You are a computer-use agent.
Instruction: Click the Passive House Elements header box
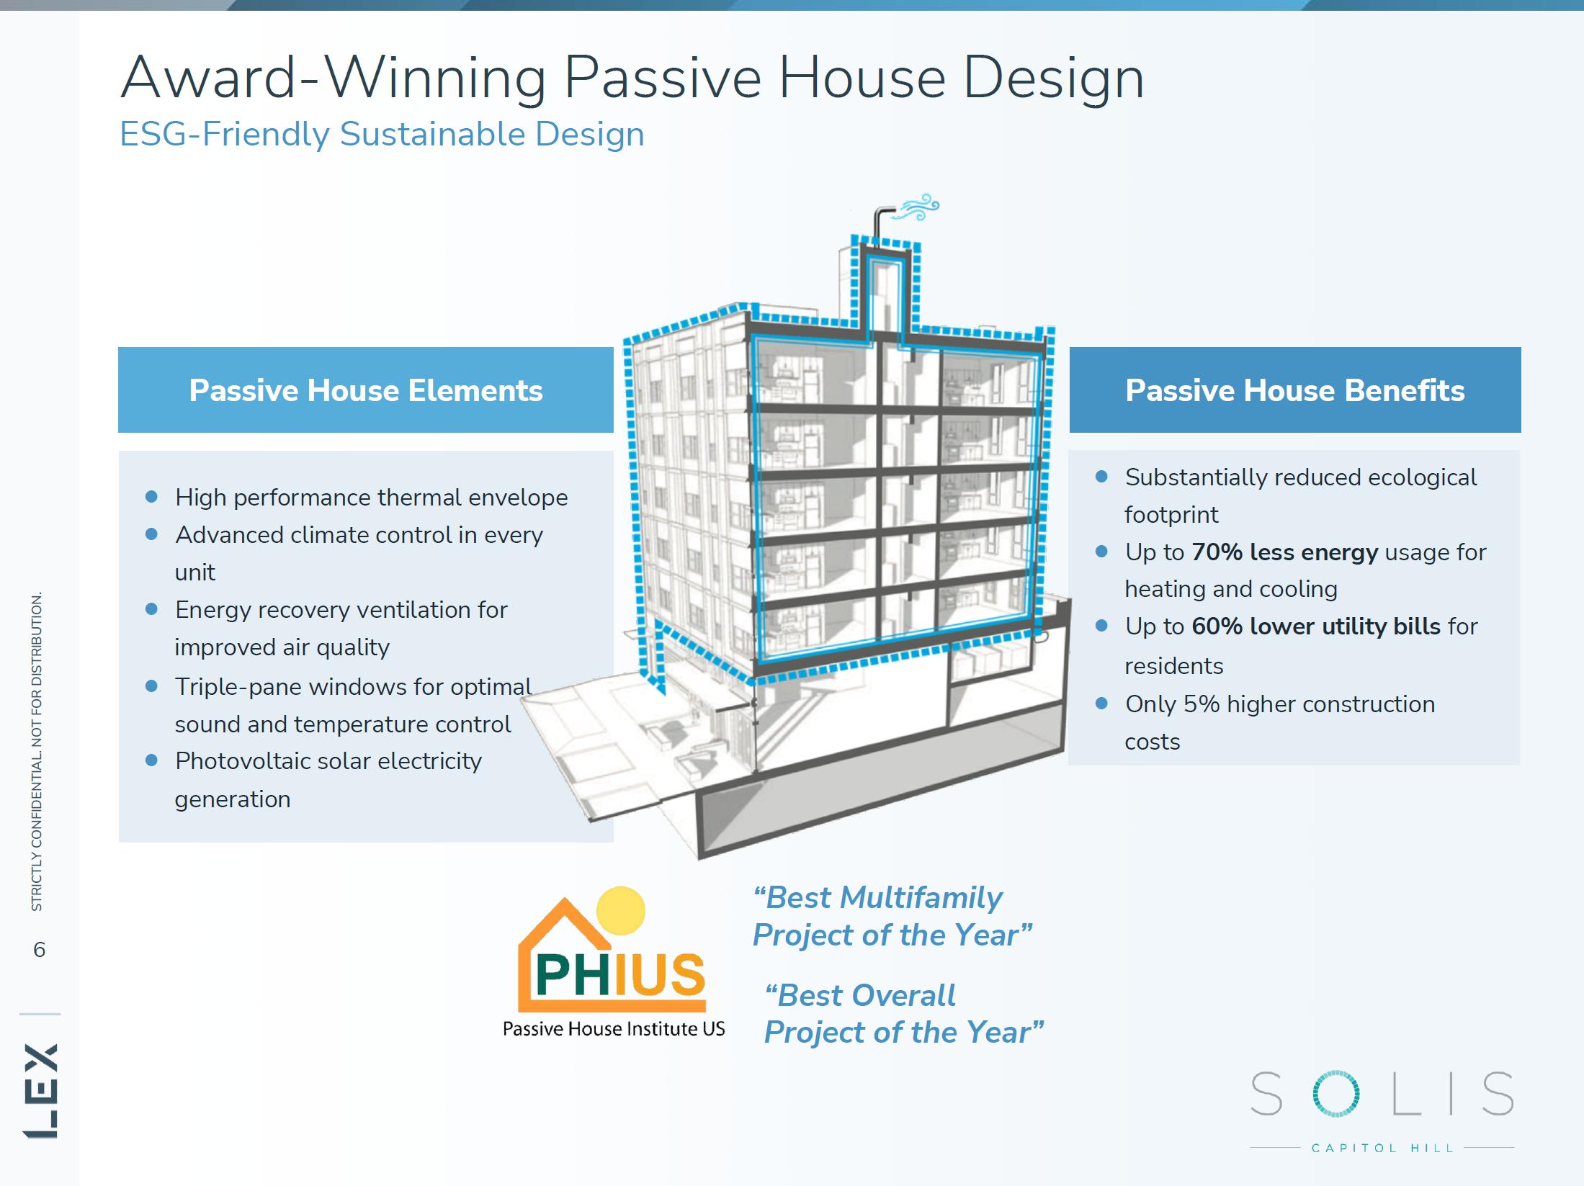[366, 390]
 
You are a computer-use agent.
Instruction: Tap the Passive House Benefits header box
[1295, 390]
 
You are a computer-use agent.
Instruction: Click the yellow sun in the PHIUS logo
[621, 910]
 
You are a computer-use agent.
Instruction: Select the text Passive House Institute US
[614, 1029]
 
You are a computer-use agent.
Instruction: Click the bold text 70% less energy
[1284, 552]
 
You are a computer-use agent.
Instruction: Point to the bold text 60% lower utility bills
[1316, 626]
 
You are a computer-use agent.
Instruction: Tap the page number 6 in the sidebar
[40, 950]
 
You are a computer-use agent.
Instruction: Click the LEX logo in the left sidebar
[40, 1090]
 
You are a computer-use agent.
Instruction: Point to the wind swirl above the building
[916, 207]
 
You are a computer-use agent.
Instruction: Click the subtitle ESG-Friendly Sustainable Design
[382, 135]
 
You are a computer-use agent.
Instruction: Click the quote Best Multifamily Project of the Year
[892, 916]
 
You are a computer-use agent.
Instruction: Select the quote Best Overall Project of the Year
[904, 1014]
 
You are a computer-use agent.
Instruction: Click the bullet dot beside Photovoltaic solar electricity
[151, 760]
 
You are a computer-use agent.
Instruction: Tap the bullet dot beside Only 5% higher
[1101, 703]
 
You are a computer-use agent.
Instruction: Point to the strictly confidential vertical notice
[37, 751]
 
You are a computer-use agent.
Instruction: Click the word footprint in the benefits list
[1171, 515]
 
